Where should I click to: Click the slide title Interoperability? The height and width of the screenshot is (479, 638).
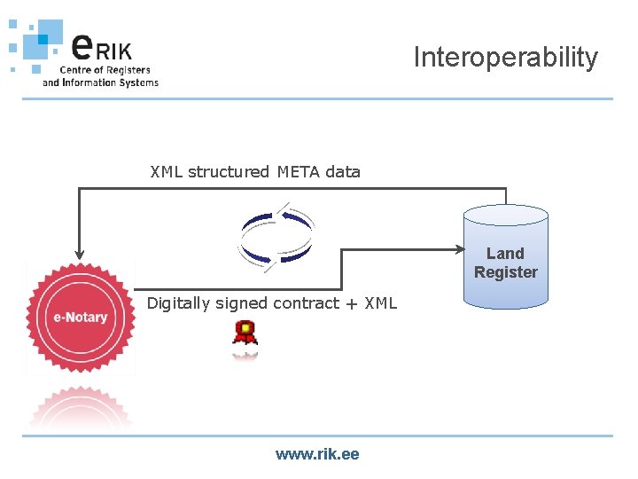505,58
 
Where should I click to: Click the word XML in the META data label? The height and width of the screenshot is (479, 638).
167,172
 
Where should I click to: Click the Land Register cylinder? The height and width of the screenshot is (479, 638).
505,257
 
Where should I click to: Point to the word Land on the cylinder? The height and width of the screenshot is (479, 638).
505,254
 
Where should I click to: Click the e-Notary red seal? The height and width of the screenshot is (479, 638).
79,317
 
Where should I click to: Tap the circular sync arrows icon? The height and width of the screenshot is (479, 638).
276,235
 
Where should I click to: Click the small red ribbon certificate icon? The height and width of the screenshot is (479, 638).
245,335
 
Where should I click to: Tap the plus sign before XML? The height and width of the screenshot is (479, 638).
352,304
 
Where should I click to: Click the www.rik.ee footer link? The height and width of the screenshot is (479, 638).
317,454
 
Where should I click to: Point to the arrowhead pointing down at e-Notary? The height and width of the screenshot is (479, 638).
79,255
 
